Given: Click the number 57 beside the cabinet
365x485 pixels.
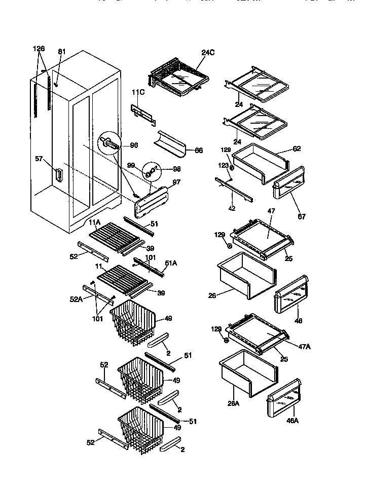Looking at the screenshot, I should [39, 159].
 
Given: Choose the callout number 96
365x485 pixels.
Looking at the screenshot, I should [134, 145].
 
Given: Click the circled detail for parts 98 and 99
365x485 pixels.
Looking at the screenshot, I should [152, 171].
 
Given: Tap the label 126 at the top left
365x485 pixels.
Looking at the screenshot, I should [39, 49].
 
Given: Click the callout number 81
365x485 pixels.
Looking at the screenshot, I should [62, 51].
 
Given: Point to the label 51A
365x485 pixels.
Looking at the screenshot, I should [171, 263].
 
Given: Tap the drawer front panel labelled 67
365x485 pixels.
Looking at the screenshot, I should [289, 185].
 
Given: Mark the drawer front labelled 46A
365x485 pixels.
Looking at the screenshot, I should [284, 400].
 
